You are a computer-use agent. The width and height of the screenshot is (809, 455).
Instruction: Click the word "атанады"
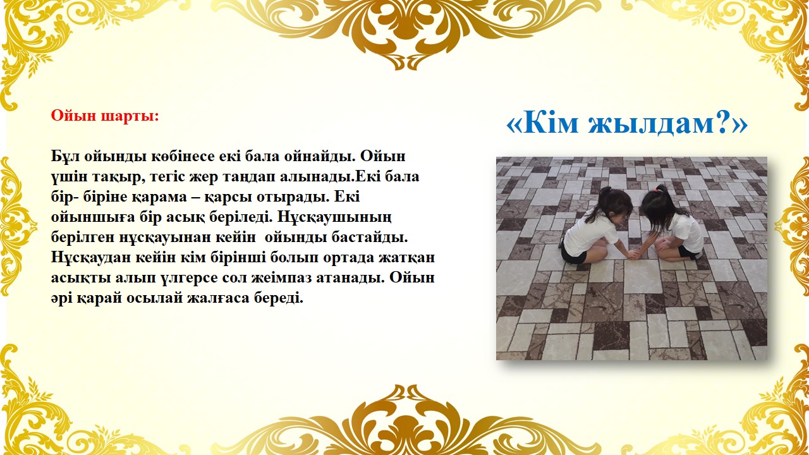[348, 278]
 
